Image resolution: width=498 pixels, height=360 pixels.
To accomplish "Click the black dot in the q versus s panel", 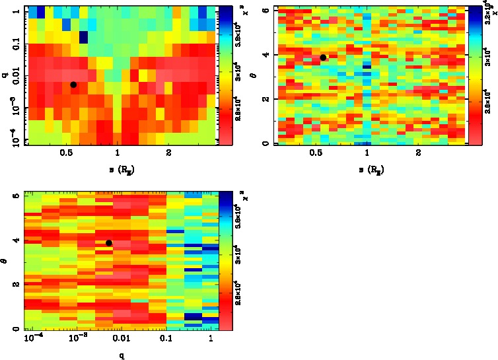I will [73, 85].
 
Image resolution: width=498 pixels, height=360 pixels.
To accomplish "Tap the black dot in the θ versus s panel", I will [323, 57].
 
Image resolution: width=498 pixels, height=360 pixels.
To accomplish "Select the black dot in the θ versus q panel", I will [109, 243].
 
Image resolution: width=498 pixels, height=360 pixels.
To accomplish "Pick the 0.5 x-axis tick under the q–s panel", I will [66, 153].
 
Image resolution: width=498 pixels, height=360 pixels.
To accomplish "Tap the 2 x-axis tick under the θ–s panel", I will [419, 153].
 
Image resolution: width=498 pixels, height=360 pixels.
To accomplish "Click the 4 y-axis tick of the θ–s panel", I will [265, 54].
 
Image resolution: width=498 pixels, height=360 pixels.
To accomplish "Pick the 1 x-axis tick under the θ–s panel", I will [367, 153].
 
